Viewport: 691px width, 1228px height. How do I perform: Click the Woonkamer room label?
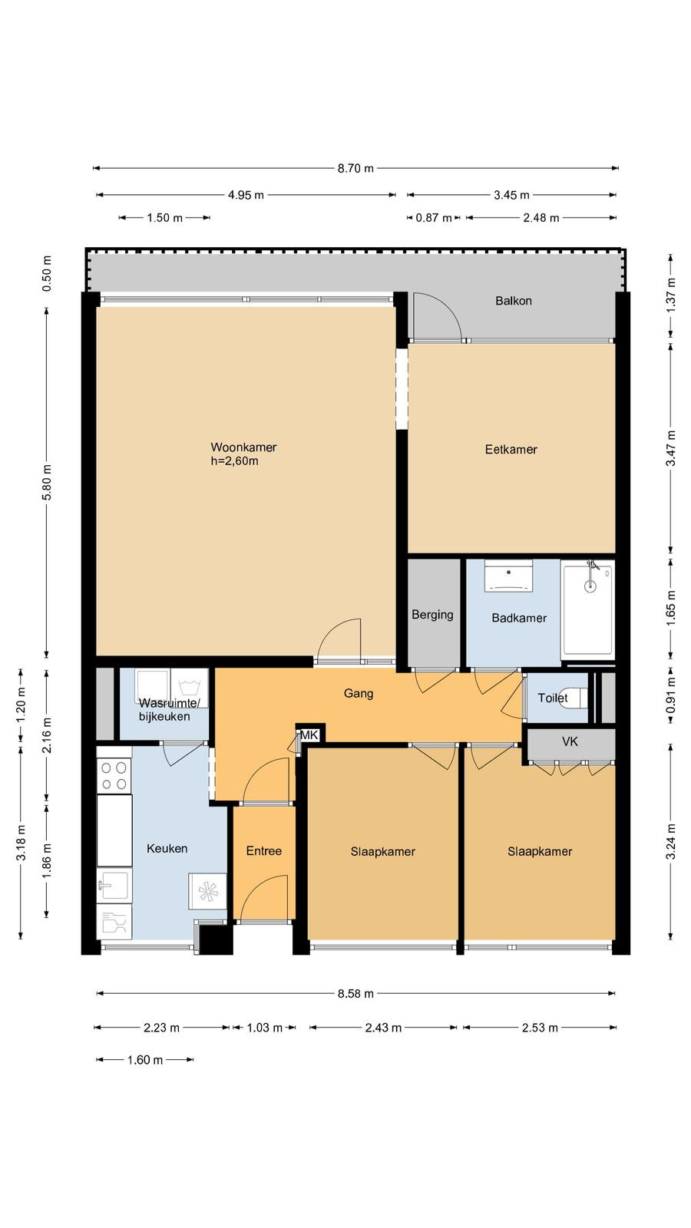[x=243, y=447]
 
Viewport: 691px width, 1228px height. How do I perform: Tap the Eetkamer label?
[x=511, y=450]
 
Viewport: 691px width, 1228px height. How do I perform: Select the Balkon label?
[x=514, y=300]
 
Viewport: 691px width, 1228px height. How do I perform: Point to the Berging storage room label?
[x=433, y=615]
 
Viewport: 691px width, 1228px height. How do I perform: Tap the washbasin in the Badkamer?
[x=508, y=575]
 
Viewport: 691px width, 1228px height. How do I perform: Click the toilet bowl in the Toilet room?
[x=576, y=698]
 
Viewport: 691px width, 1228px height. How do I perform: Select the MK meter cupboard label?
[x=310, y=735]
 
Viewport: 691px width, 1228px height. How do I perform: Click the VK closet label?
[x=570, y=741]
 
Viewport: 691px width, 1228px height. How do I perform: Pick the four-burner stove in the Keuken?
[x=114, y=776]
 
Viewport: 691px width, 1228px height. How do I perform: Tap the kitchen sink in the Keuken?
[x=114, y=886]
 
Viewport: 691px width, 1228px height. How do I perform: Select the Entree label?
[x=264, y=851]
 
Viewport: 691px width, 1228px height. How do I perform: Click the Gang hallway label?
[x=359, y=694]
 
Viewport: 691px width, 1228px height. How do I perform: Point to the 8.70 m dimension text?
[x=355, y=168]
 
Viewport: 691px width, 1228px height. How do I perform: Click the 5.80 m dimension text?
[x=47, y=482]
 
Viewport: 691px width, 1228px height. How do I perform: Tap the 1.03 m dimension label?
[x=264, y=1028]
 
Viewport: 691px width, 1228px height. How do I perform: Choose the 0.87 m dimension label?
[x=433, y=218]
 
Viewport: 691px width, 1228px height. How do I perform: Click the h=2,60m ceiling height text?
[x=234, y=461]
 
